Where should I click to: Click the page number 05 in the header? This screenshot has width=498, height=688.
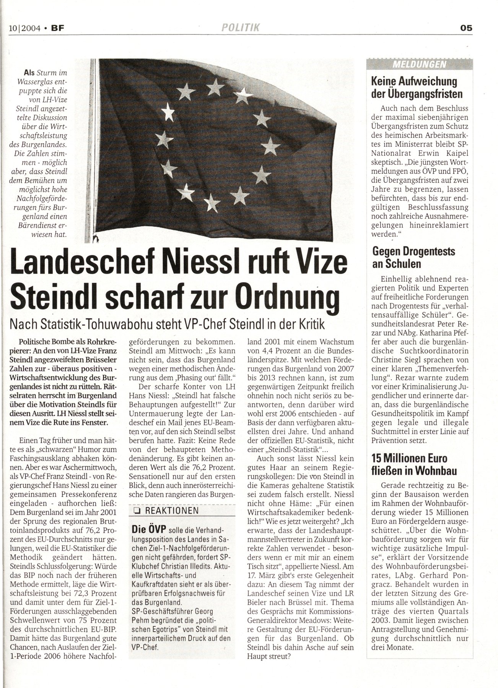tap(466, 28)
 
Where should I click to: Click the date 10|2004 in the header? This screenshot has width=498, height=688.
tap(25, 28)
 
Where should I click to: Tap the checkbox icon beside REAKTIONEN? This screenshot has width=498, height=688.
tap(136, 511)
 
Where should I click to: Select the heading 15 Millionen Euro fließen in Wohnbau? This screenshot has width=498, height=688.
tap(414, 464)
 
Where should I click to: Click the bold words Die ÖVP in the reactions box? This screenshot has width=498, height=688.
tap(148, 529)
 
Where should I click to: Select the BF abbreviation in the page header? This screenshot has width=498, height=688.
tap(57, 28)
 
